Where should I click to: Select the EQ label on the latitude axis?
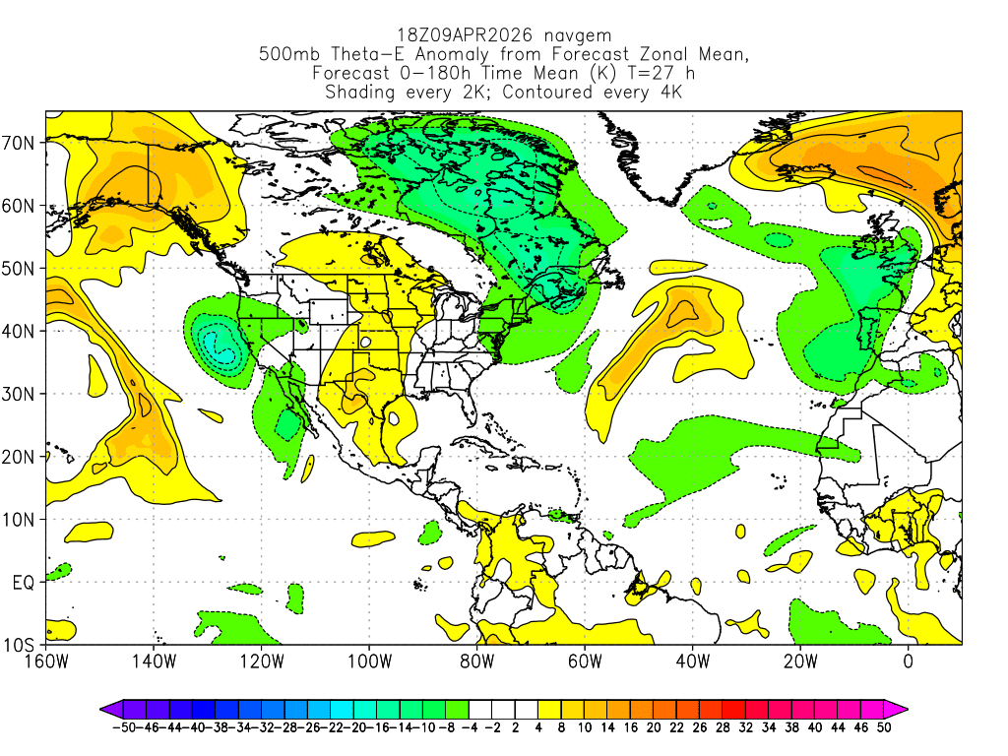pyautogui.click(x=26, y=583)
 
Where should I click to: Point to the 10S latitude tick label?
pyautogui.click(x=22, y=645)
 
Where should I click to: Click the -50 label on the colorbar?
pyautogui.click(x=123, y=727)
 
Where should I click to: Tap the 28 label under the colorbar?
pyautogui.click(x=734, y=727)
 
